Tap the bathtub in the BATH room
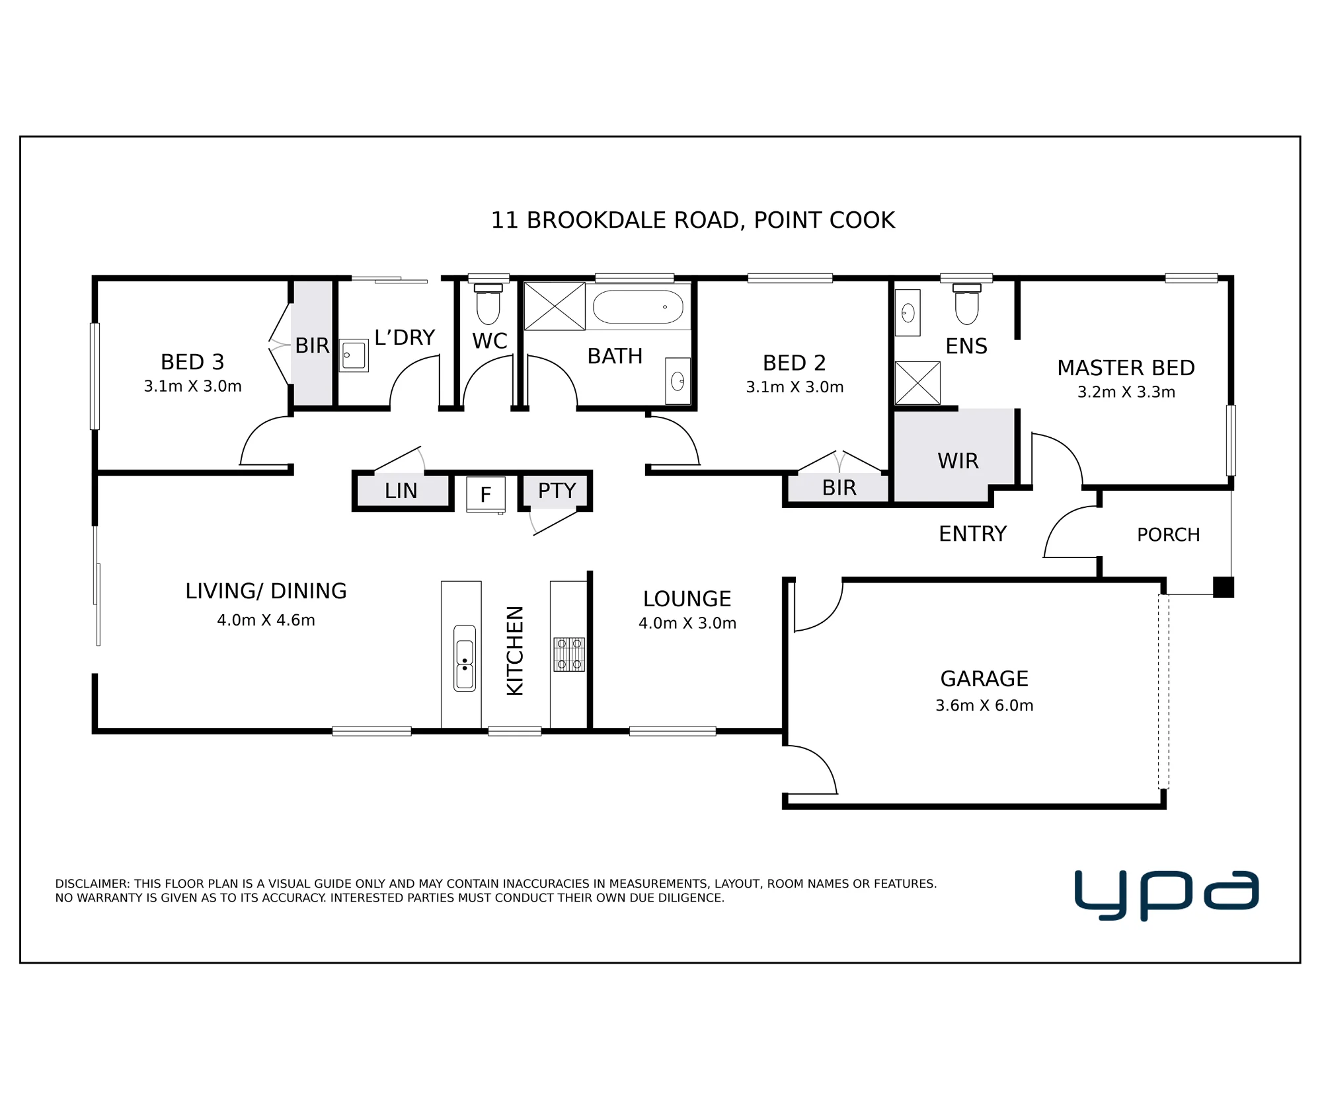pos(638,306)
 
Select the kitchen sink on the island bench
pos(465,658)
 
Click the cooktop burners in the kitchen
pos(569,655)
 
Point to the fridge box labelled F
pos(486,494)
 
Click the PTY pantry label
pos(557,491)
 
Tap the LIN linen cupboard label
pos(401,491)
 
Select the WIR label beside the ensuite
pos(958,461)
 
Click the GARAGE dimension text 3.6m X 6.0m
pos(984,705)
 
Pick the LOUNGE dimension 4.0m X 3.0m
pos(687,623)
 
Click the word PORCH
pos(1169,534)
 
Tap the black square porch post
pos(1224,587)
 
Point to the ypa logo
pos(1167,895)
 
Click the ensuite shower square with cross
pos(917,383)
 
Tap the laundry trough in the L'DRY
pos(354,355)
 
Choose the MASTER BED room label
pos(1126,368)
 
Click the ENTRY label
pos(973,534)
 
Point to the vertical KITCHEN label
pos(515,651)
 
